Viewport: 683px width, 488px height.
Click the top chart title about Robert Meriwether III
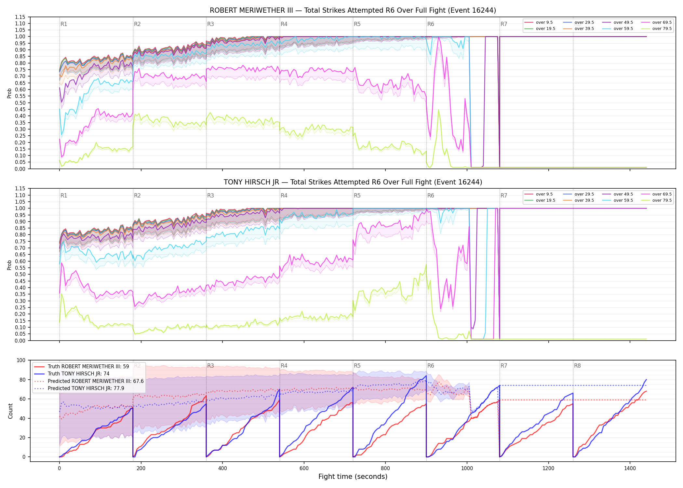pos(353,10)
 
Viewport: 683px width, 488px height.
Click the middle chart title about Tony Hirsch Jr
pos(353,182)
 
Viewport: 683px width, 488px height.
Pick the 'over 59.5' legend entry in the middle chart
pos(618,200)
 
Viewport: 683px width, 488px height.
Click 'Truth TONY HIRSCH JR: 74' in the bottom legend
pos(78,374)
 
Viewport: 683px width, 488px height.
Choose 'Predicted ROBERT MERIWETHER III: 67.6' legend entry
pos(89,381)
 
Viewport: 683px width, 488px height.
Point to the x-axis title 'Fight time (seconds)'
pos(353,477)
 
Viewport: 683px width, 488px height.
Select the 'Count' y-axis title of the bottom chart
pos(10,411)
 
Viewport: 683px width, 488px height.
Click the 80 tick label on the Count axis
pos(23,380)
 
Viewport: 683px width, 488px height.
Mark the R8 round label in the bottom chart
pos(577,366)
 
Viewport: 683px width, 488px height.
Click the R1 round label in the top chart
pos(64,24)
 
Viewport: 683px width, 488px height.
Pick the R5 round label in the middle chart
pos(357,196)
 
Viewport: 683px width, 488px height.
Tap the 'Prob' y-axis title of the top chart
pos(9,93)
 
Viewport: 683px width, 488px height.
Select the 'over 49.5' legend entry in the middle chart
pos(618,194)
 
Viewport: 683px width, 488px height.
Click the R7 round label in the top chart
pos(504,24)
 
